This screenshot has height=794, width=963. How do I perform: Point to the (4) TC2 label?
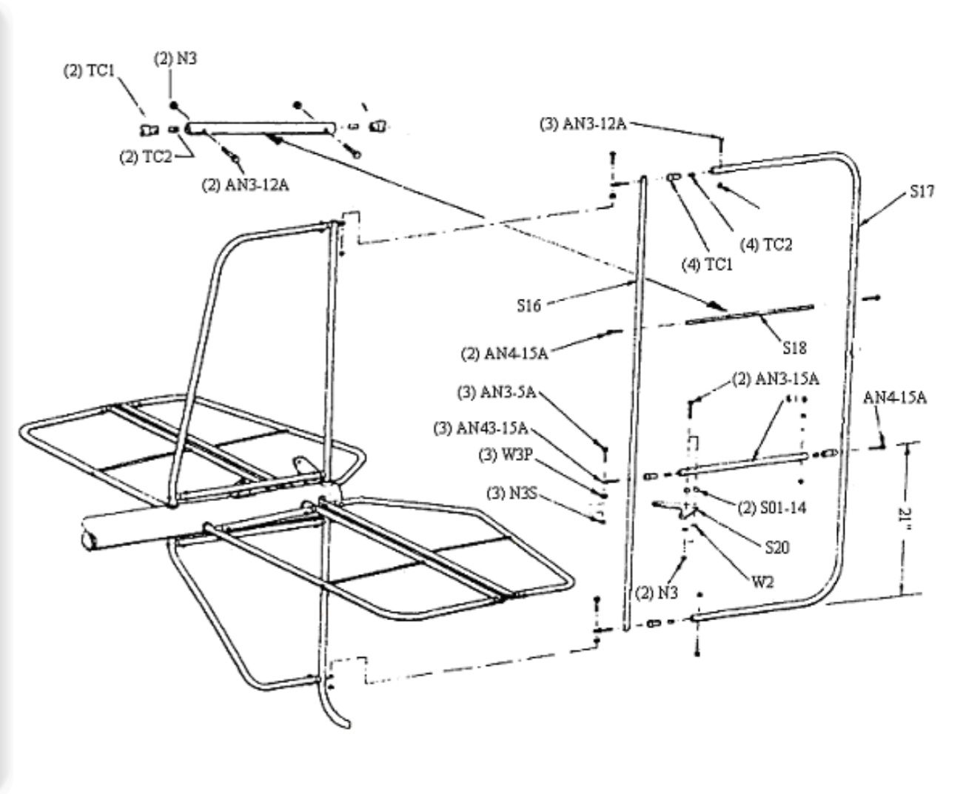coord(766,244)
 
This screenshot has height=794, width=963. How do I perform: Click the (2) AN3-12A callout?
coord(245,185)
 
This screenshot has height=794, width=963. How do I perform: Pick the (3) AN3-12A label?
coord(583,124)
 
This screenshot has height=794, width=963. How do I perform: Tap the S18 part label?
coord(794,346)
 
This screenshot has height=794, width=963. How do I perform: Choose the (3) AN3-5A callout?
coord(493,394)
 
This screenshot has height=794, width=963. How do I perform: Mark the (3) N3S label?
coord(507,491)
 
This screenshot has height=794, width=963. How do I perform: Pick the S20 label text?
coord(776,548)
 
